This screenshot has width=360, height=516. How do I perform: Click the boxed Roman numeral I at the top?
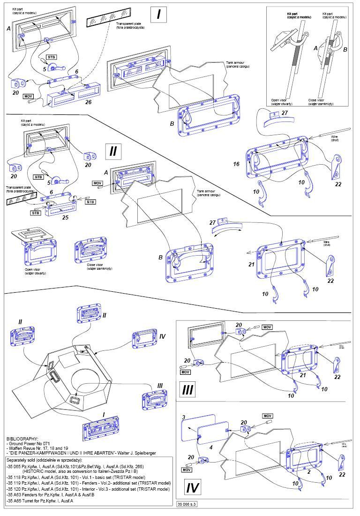click(159, 14)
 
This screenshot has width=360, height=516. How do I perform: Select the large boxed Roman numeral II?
click(113, 151)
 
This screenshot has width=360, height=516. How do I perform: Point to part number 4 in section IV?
click(210, 448)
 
